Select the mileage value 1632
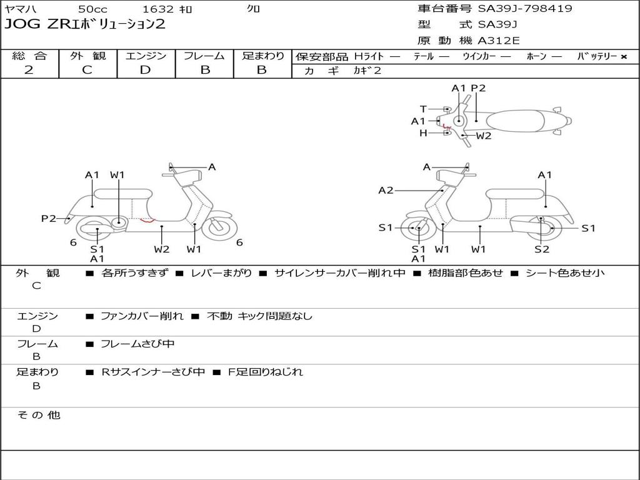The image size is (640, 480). pyautogui.click(x=158, y=9)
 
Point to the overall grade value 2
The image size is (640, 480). pyautogui.click(x=29, y=70)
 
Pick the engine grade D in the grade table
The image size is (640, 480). pyautogui.click(x=146, y=70)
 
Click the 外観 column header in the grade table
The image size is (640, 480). pyautogui.click(x=87, y=56)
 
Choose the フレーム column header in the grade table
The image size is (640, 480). pyautogui.click(x=204, y=56)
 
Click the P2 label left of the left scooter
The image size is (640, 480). pyautogui.click(x=49, y=218)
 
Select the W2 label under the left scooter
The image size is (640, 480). pyautogui.click(x=162, y=249)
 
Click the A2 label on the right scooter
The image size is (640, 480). pyautogui.click(x=386, y=191)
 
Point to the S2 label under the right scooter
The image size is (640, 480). pyautogui.click(x=542, y=249)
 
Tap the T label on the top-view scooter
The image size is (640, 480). pyautogui.click(x=423, y=109)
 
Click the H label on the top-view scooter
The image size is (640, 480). pyautogui.click(x=423, y=132)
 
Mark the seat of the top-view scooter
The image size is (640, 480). pyautogui.click(x=517, y=120)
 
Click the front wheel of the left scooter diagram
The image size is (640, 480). pyautogui.click(x=220, y=227)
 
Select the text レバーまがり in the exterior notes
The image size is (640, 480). pyautogui.click(x=222, y=273)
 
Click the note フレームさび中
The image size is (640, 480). pyautogui.click(x=137, y=344)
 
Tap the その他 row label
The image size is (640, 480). pyautogui.click(x=38, y=415)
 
